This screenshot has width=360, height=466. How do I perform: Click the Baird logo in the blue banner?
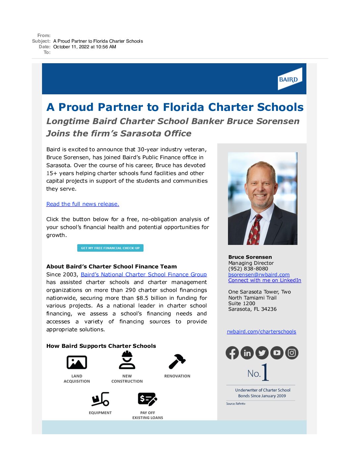coord(290,79)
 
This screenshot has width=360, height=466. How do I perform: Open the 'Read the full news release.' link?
coord(83,204)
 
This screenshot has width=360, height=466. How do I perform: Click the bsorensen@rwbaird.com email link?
coord(259,274)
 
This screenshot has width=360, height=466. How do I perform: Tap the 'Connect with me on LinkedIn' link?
coord(264,280)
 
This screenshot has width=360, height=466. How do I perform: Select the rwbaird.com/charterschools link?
coord(261,331)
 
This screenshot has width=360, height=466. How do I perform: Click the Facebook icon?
coord(232,353)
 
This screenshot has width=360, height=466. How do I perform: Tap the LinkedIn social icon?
coord(247,353)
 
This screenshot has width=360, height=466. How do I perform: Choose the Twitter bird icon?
coord(262,353)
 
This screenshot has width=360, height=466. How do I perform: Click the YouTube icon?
coord(277,353)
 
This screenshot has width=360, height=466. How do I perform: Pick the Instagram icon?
coord(292,353)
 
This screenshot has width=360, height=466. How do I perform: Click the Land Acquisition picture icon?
coord(77,362)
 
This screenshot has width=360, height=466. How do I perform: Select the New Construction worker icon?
coord(127,360)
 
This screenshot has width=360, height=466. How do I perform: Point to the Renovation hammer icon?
coord(177,361)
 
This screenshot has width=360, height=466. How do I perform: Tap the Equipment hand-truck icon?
coord(100,399)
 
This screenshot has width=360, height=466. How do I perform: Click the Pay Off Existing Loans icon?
coord(147,399)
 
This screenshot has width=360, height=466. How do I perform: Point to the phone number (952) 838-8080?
coord(248,269)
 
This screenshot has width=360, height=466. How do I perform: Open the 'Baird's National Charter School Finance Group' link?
coord(144,274)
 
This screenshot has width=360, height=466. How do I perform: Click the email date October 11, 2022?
coord(85,47)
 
